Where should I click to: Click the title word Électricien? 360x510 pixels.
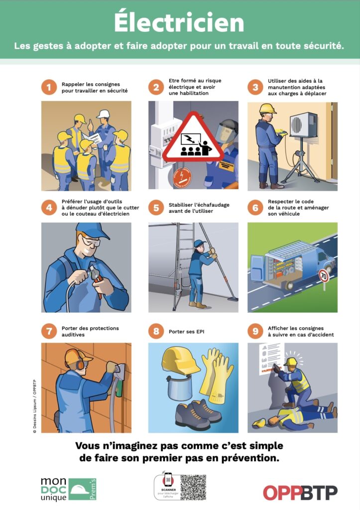(x=179, y=22)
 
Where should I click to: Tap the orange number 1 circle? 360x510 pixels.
(x=49, y=88)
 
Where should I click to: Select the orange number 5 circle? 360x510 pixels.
(x=156, y=208)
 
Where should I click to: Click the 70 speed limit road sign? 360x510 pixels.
(x=324, y=275)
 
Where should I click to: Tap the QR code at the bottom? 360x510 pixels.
(x=193, y=487)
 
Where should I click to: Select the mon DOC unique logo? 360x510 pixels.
(x=69, y=489)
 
